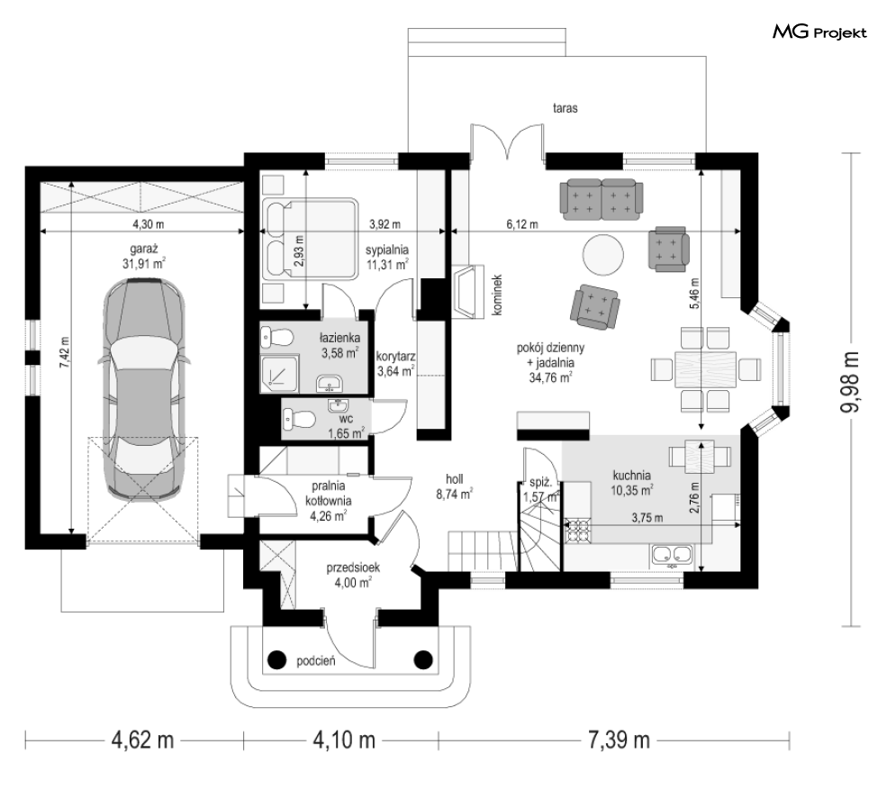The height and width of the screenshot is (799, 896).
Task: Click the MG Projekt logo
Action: [819, 32]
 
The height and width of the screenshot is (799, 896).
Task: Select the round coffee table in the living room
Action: [602, 255]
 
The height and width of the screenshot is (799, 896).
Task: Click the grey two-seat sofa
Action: [602, 199]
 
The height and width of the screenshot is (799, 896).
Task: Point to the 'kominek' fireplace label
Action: [497, 295]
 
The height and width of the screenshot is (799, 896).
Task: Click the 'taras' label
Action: [565, 108]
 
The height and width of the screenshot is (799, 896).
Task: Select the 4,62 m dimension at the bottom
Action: [142, 740]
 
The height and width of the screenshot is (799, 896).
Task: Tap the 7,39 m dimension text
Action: [619, 740]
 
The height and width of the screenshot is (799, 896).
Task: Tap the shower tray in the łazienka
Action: [279, 373]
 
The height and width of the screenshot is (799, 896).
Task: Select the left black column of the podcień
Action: [277, 660]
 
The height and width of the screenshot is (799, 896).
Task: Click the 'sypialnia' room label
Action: [387, 250]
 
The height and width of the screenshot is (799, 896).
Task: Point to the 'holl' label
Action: [454, 479]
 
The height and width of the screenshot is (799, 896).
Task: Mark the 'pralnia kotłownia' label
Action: [328, 494]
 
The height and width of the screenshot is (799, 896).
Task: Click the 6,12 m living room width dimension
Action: [522, 224]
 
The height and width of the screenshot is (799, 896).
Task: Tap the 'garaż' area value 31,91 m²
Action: [143, 263]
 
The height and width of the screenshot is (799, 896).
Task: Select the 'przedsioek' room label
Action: [353, 568]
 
